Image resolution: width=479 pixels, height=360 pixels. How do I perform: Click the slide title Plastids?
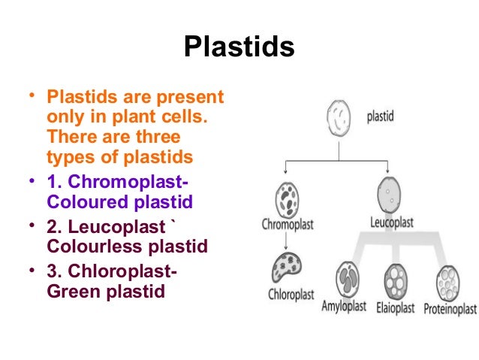239,47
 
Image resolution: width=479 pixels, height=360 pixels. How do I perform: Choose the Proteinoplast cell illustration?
450,282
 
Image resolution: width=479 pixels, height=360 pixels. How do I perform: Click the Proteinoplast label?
450,308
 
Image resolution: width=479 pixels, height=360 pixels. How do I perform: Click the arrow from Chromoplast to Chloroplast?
285,241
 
